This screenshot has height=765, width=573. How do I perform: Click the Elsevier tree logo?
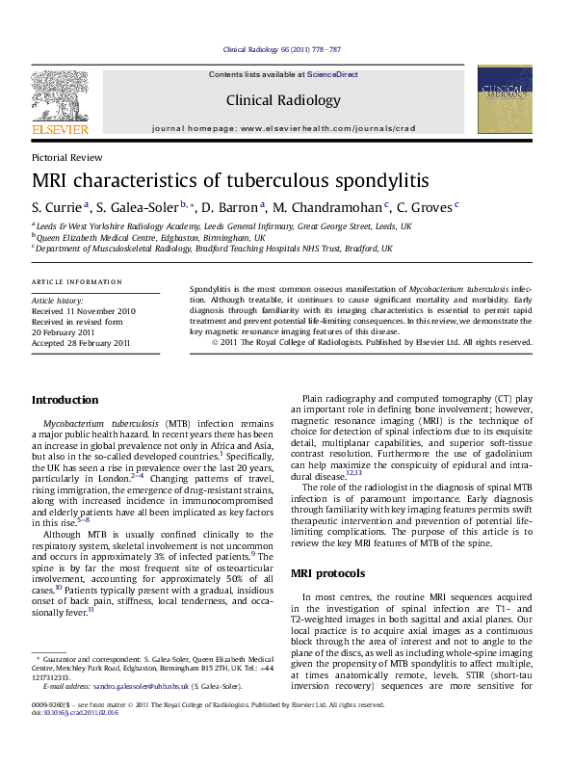[60, 97]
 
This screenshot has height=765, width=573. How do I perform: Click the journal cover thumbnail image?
[505, 100]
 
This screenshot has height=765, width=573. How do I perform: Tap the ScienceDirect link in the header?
[332, 74]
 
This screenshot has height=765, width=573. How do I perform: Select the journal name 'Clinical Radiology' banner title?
[283, 100]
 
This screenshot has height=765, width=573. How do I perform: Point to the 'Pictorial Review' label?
[66, 157]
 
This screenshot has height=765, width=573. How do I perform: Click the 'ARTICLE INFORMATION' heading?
[77, 281]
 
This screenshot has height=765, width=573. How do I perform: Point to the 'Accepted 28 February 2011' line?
[81, 343]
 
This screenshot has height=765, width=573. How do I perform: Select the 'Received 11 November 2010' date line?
[84, 311]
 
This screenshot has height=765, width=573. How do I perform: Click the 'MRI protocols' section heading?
[327, 574]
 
